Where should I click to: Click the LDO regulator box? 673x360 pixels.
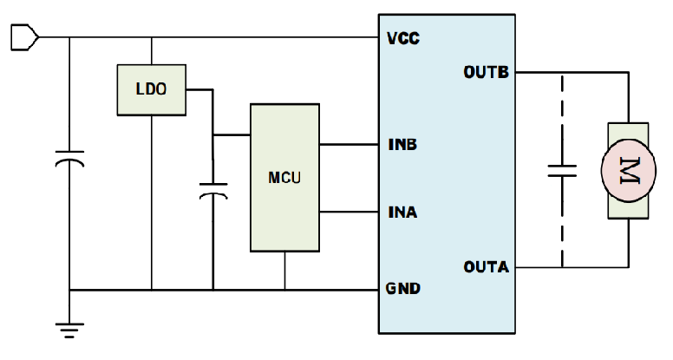click(152, 88)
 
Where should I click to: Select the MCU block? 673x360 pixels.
click(284, 179)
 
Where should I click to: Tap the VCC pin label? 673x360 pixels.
click(402, 38)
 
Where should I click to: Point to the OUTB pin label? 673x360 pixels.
click(486, 72)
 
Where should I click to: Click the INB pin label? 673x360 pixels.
click(402, 143)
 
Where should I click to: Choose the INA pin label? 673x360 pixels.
click(402, 212)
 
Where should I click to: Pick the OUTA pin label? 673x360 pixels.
click(486, 266)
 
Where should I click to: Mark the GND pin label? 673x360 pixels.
click(402, 289)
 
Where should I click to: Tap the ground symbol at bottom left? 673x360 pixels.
click(70, 328)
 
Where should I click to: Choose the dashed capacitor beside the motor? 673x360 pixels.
click(561, 170)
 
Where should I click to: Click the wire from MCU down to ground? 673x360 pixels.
click(284, 270)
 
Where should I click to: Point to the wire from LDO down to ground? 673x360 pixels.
click(152, 200)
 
